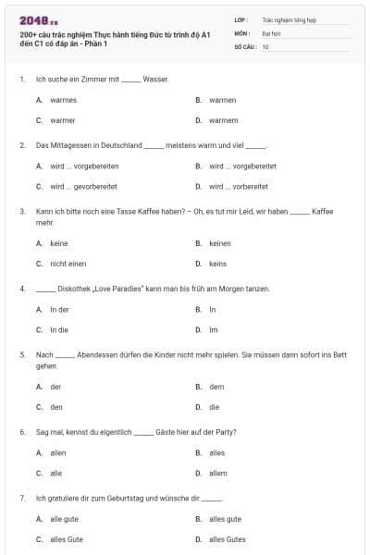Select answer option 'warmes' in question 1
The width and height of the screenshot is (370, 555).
pyautogui.click(x=63, y=100)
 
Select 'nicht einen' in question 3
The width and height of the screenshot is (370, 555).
pyautogui.click(x=68, y=264)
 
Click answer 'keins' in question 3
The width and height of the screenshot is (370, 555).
pyautogui.click(x=218, y=264)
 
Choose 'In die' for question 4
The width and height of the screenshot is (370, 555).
pyautogui.click(x=59, y=329)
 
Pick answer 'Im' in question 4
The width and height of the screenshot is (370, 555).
pyautogui.click(x=213, y=329)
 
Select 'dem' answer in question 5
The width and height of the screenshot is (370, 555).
pyautogui.click(x=216, y=387)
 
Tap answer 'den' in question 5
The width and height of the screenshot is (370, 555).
pyautogui.click(x=56, y=407)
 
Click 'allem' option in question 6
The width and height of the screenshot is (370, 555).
pyautogui.click(x=218, y=473)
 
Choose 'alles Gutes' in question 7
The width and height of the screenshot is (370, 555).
pyautogui.click(x=228, y=538)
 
